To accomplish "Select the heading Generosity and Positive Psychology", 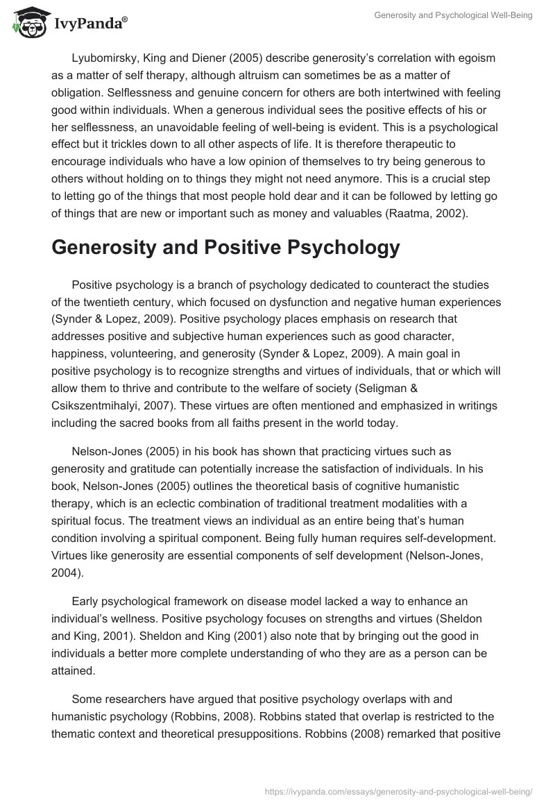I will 225,248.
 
